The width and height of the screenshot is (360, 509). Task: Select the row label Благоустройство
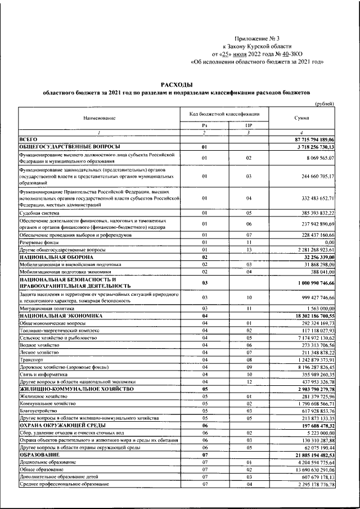pyautogui.click(x=38, y=411)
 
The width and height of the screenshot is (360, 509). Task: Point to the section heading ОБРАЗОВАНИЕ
pyautogui.click(x=38, y=454)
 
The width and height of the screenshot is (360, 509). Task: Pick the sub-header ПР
pyautogui.click(x=247, y=125)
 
